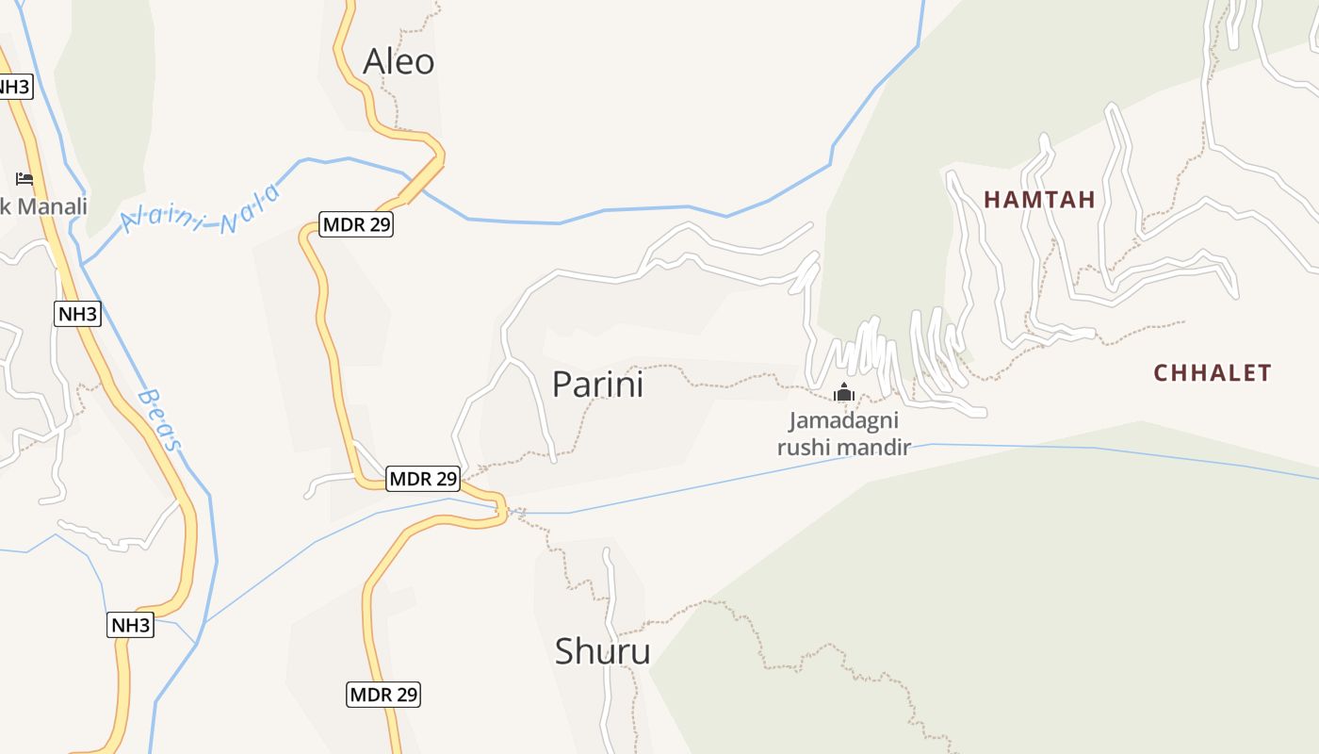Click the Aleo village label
(399, 62)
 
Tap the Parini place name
(597, 385)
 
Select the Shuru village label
(602, 651)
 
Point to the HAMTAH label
(1039, 200)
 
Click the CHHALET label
(1213, 373)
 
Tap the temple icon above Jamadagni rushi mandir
(843, 392)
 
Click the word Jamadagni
(843, 420)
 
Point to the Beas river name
(159, 419)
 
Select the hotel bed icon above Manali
(24, 179)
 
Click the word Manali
(52, 205)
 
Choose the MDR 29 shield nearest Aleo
(356, 225)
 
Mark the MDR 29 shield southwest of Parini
(423, 479)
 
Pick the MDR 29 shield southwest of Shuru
(383, 695)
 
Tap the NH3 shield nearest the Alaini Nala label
(77, 314)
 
